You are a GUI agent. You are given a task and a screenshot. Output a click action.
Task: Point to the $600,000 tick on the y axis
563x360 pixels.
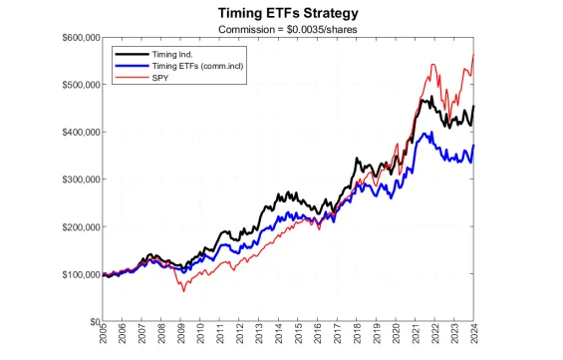76,37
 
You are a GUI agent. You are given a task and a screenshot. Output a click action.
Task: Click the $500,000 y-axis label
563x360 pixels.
76,85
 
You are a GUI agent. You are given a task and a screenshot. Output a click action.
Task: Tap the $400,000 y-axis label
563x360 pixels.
76,132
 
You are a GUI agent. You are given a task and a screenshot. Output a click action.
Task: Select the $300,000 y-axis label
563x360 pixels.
76,180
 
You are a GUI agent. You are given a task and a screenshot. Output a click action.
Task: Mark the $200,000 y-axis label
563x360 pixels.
76,226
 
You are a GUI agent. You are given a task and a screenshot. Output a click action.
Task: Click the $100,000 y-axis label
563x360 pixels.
76,274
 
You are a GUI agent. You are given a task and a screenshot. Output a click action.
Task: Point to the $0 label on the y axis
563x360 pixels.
89,321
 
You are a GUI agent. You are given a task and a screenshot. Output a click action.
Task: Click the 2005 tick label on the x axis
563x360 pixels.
103,337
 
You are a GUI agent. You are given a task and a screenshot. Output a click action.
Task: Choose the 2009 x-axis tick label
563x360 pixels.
181,337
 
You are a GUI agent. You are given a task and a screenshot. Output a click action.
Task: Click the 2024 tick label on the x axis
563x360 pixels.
473,337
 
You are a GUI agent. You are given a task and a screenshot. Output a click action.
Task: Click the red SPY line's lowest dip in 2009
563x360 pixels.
182,290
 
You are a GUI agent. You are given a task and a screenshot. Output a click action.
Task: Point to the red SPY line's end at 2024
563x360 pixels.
473,54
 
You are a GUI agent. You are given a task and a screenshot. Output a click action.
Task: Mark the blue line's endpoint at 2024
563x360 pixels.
473,146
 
